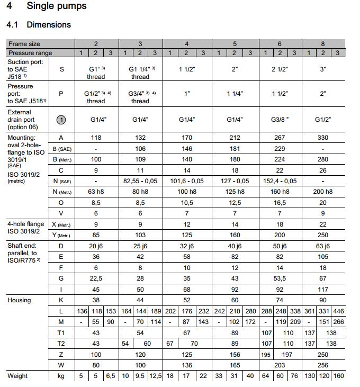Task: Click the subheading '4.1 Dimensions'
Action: [x=38, y=24]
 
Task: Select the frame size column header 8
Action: [x=323, y=44]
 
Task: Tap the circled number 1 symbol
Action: [x=61, y=120]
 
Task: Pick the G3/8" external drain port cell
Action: [x=280, y=120]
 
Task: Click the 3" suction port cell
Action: [x=323, y=69]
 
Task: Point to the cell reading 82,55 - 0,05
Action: [x=140, y=181]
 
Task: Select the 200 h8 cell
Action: [x=323, y=192]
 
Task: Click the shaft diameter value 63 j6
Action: [x=323, y=246]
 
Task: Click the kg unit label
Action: [x=61, y=376]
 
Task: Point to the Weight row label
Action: [x=17, y=376]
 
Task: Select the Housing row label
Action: [x=19, y=300]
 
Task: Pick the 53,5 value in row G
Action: [x=280, y=278]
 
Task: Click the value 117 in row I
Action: [x=323, y=289]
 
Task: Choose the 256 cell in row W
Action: [x=323, y=365]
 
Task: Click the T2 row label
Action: [x=61, y=343]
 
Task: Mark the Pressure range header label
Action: [x=30, y=53]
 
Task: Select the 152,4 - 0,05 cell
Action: [x=280, y=181]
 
